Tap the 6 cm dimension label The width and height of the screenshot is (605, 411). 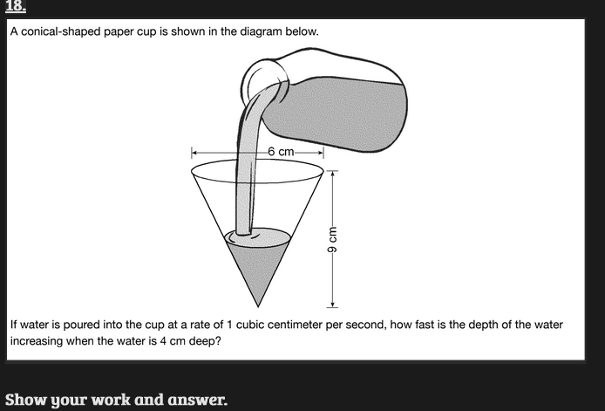tap(281, 152)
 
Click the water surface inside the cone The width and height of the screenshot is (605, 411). tap(258, 236)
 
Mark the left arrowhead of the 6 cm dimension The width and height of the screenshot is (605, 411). tap(195, 152)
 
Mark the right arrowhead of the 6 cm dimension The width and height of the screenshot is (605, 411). tap(321, 152)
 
